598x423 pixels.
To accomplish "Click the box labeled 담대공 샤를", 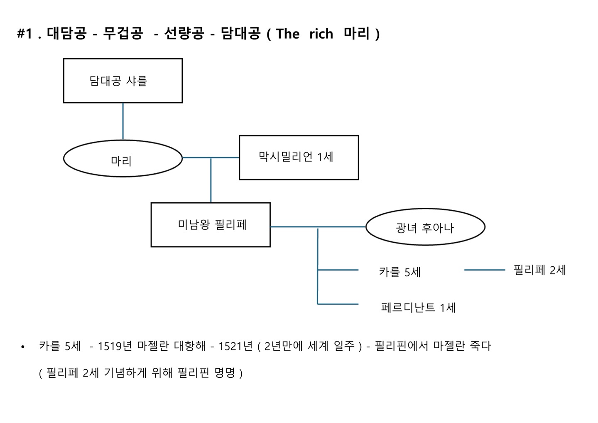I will pos(123,81).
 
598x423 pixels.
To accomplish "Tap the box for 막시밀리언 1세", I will pos(299,157).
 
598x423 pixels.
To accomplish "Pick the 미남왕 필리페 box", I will pos(211,225).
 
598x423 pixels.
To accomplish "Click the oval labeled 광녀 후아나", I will pos(425,227).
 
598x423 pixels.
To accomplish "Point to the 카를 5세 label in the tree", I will pos(399,272).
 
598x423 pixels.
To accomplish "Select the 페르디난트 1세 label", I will pos(418,308).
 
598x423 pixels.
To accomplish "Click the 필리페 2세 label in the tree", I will pos(539,271).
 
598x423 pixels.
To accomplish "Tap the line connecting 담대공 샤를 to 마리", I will pos(123,121).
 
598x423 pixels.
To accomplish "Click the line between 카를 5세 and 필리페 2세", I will pos(484,270).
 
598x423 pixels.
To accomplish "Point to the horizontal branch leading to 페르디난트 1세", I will pos(338,304).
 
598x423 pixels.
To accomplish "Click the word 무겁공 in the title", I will pos(123,34).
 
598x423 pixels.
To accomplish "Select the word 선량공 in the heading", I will pos(184,34).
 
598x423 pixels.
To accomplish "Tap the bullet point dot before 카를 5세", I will pos(23,347).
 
